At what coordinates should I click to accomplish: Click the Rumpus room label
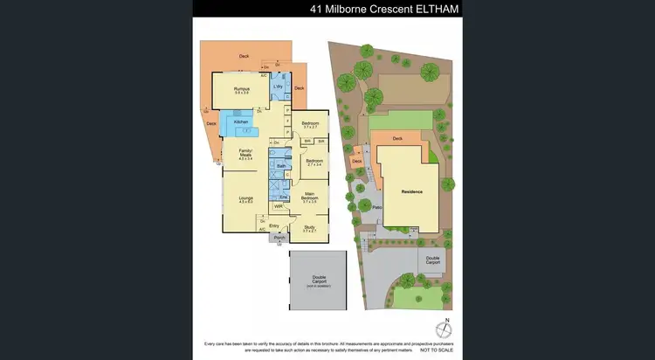[x=242, y=88]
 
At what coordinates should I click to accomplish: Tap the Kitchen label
[x=241, y=121]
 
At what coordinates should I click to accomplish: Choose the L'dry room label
[x=278, y=86]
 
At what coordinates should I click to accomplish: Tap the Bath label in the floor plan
[x=281, y=165]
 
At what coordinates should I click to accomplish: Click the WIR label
[x=278, y=206]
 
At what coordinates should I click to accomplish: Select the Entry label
[x=273, y=225]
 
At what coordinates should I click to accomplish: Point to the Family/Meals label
[x=245, y=153]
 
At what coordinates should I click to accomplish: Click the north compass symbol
[x=446, y=329]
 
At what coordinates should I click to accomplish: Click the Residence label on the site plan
[x=411, y=191]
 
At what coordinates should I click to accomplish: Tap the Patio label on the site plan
[x=377, y=207]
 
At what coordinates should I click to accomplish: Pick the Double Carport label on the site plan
[x=433, y=260]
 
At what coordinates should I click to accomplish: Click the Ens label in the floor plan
[x=284, y=197]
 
